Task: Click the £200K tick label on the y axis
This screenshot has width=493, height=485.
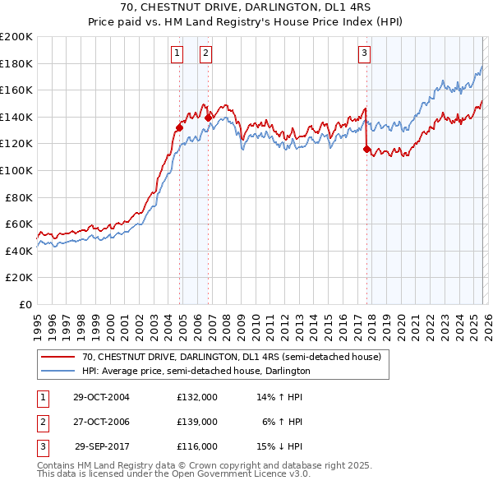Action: (16, 37)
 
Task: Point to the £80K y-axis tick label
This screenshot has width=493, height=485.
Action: (19, 197)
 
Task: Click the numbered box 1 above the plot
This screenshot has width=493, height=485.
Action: (177, 54)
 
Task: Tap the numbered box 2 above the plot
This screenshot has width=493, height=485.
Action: (205, 54)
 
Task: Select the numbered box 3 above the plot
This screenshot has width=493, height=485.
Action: (364, 54)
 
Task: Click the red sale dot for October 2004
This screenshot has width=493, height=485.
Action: (179, 127)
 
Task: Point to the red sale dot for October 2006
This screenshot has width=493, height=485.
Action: (208, 118)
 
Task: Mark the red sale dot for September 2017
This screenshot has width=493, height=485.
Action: (366, 149)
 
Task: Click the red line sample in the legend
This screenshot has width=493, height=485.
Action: (58, 358)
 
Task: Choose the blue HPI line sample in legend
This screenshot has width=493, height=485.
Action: (58, 371)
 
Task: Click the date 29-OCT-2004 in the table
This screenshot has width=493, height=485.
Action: (101, 397)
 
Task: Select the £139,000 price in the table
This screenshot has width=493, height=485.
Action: (197, 422)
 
